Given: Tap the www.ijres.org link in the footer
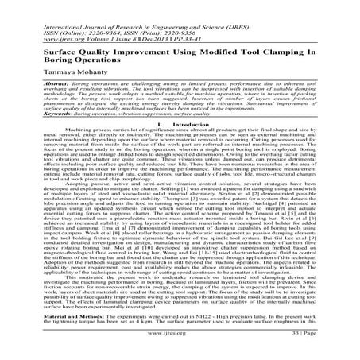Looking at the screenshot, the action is [180, 349].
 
